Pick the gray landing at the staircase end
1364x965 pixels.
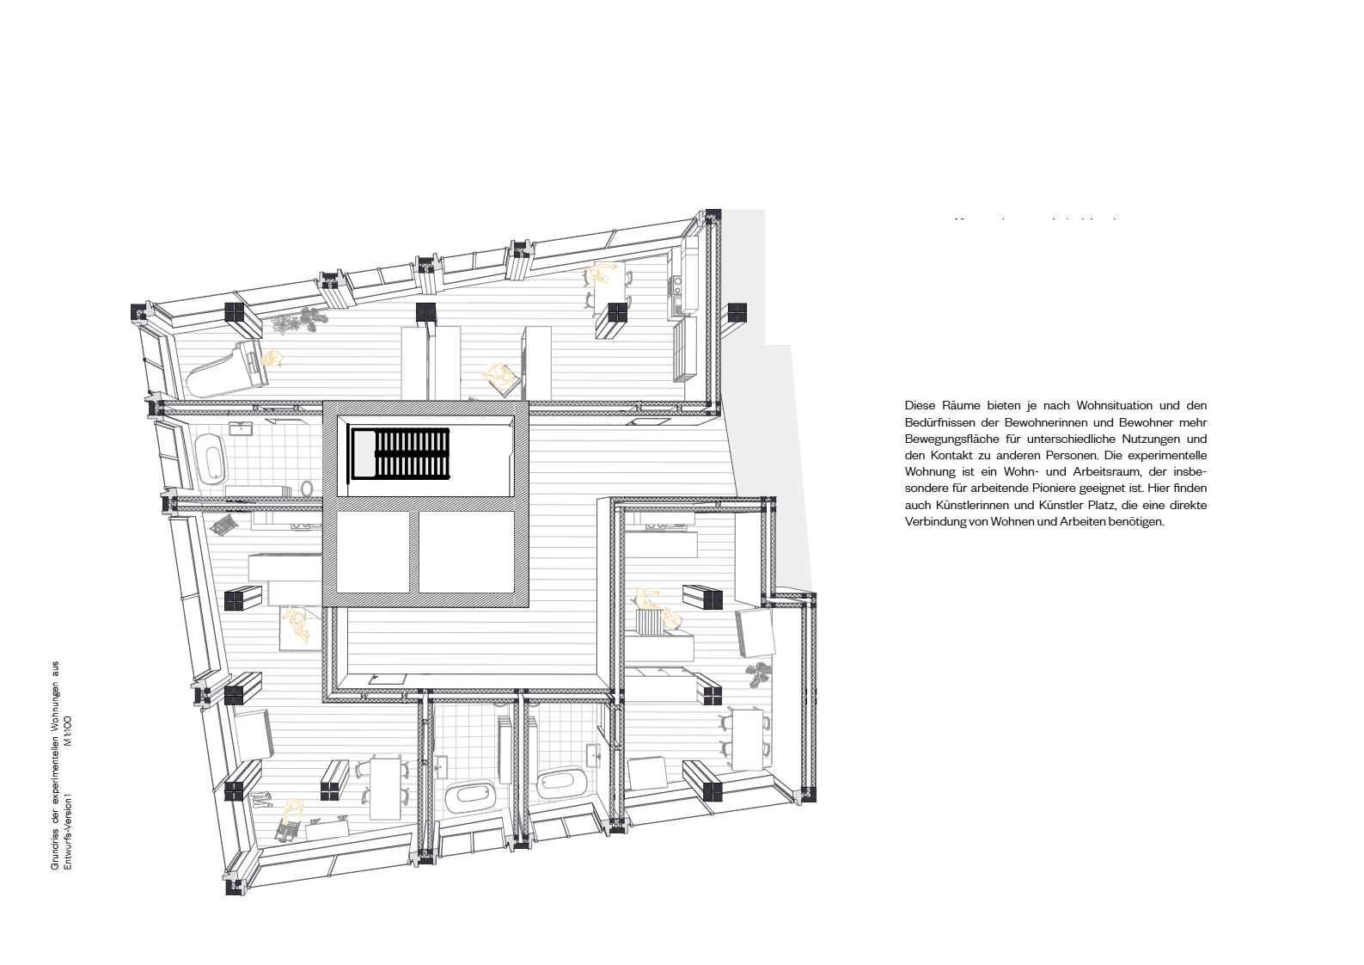coord(364,453)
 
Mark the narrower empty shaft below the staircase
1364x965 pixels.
coord(372,552)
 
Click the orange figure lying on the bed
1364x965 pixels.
coord(297,624)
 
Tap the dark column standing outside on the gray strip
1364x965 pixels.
coord(737,312)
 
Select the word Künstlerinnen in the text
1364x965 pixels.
coord(959,505)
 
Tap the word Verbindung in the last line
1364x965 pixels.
coord(934,522)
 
